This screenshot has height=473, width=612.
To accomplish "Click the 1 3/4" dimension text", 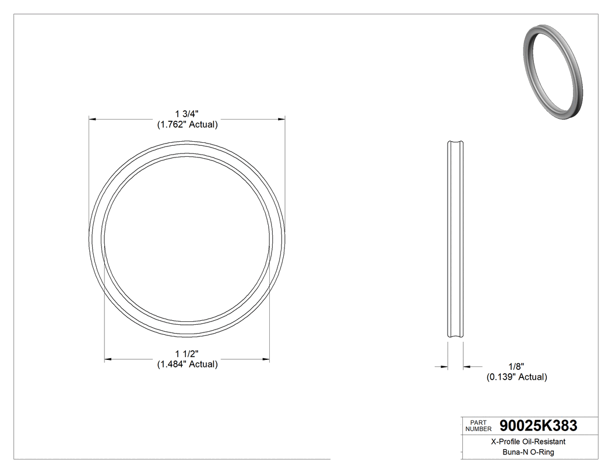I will pos(187,114).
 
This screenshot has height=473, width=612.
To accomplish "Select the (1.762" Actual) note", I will pos(187,124).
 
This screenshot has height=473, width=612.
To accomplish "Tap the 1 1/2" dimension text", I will pos(187,353).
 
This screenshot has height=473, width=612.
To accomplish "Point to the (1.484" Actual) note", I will pos(187,365).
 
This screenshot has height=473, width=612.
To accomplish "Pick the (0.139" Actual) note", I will pos(516,377).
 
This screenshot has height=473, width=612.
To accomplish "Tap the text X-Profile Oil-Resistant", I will pos(528,442).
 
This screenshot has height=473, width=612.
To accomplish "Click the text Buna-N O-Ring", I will pos(528,452).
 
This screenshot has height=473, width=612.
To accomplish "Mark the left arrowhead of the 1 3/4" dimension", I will pos(92,119).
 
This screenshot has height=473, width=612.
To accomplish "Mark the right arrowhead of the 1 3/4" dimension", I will pos(282,119).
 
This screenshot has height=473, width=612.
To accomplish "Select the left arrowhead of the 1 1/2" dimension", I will pos(107,359).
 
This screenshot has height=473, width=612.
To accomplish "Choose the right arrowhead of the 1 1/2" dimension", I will pos(266,359).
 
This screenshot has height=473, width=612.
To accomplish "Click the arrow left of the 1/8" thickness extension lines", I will pos(444,367).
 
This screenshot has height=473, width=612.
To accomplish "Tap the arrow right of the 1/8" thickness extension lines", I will pos(467,367).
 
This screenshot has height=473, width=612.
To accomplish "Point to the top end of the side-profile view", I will pos(455,142).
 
